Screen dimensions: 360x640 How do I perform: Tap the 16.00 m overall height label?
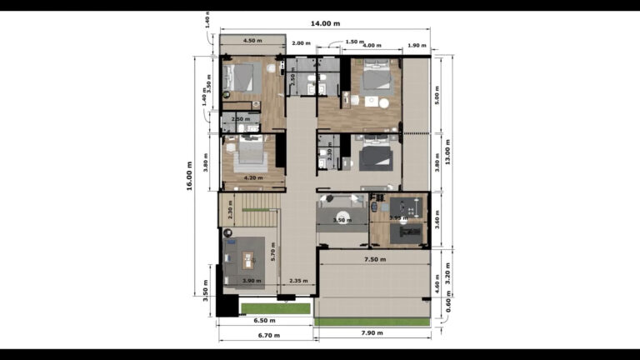point(191,176)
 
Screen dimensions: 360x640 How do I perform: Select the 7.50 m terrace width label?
point(375,260)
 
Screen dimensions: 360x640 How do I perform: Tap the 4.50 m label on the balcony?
point(252,40)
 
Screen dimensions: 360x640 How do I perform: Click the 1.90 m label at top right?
point(417,46)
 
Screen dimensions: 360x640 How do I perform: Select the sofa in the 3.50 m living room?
point(342,202)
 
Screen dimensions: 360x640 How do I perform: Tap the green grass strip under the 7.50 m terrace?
point(372,322)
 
